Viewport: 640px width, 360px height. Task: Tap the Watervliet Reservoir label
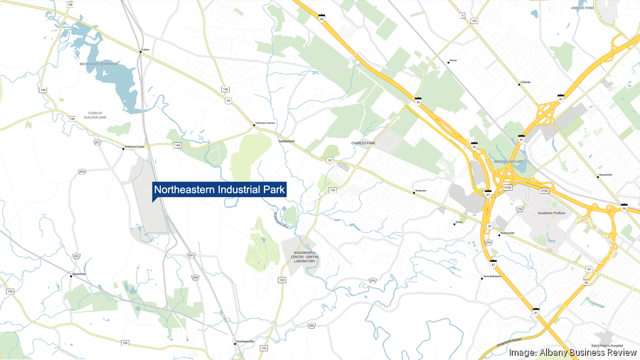pos(99,65)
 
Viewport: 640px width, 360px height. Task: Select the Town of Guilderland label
pos(96,115)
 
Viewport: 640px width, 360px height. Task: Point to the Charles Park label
pos(363,143)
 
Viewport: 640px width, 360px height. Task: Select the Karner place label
pos(452,61)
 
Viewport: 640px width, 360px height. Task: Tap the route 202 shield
pos(82,171)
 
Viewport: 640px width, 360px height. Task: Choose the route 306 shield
pos(311,325)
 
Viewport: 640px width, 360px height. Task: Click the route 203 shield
pos(372,281)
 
